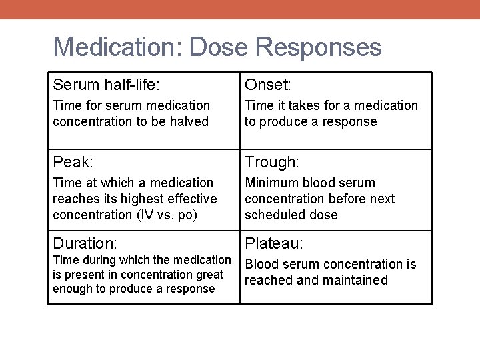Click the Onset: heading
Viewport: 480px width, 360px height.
(268, 85)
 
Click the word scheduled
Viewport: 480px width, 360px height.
(272, 215)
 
